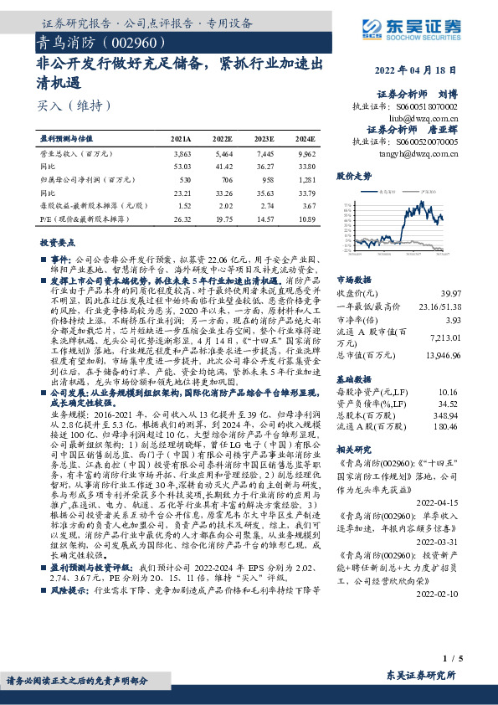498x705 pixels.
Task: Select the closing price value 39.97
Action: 450,292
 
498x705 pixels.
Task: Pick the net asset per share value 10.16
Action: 450,368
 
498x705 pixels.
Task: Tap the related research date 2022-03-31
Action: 440,520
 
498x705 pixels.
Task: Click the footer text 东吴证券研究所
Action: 421,676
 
